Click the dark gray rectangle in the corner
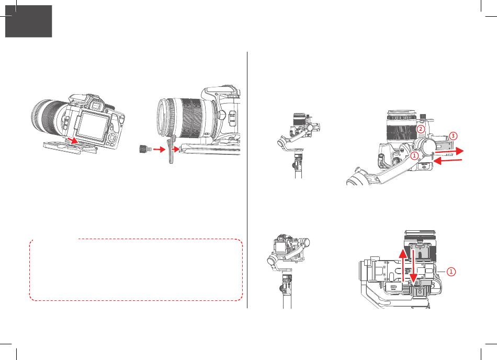(x=29, y=21)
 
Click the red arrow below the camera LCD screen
(x=72, y=140)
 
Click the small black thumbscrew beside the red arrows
(x=144, y=149)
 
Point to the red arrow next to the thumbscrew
(x=159, y=149)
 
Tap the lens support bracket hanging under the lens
(x=172, y=149)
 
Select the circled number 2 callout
(x=420, y=129)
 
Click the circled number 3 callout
(x=453, y=136)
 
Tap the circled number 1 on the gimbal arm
(x=414, y=155)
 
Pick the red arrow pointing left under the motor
(x=447, y=161)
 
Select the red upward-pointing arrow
(x=402, y=265)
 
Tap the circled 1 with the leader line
(x=451, y=272)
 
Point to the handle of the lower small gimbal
(x=287, y=292)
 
